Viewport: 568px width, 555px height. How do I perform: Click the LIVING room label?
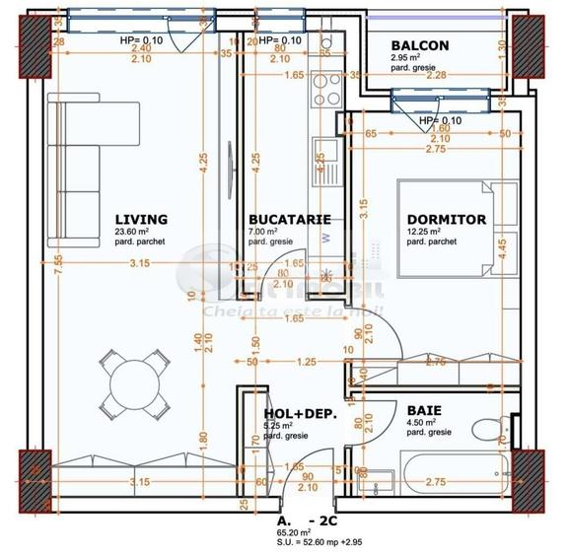tap(140, 219)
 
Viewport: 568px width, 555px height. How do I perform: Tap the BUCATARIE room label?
tap(289, 219)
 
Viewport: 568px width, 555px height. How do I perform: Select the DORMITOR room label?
tap(446, 219)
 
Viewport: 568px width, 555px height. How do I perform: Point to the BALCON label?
tap(419, 45)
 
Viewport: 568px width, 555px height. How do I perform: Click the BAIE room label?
tap(424, 409)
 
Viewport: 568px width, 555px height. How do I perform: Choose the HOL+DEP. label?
tap(301, 415)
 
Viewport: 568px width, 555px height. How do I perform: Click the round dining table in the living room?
tap(130, 381)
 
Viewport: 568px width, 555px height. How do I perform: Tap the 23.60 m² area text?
tap(133, 233)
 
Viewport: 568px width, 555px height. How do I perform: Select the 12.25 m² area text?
tap(425, 233)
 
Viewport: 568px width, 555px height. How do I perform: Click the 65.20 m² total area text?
tap(295, 530)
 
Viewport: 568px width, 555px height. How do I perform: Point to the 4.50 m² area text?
tap(423, 423)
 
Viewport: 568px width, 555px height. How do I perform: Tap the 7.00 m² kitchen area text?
tap(267, 233)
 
